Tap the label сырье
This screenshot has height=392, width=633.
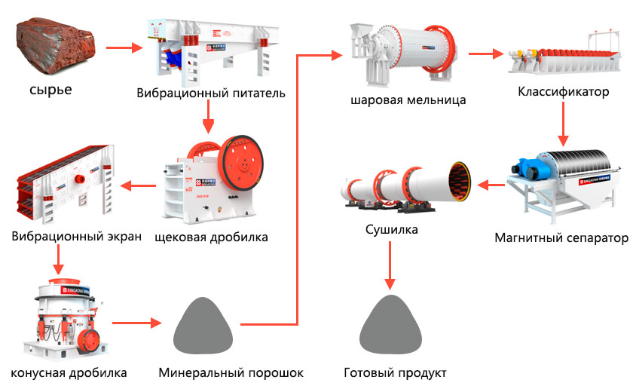(50, 91)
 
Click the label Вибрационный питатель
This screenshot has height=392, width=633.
(211, 93)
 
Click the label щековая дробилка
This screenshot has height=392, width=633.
(211, 237)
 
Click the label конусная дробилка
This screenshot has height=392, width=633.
(69, 373)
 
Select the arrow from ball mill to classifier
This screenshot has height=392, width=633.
(485, 54)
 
